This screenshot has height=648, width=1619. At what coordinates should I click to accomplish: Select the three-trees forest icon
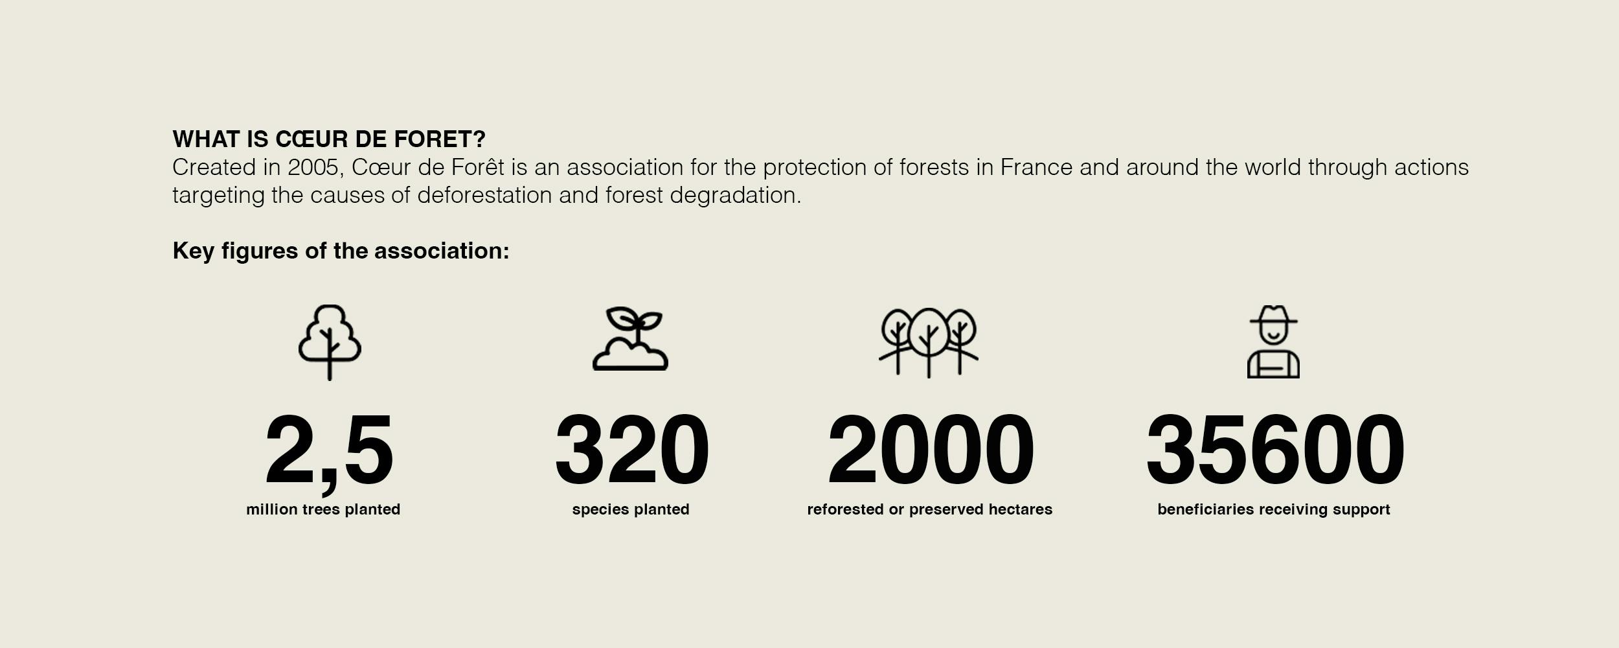tap(929, 343)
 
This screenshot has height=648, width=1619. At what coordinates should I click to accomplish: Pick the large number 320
tap(632, 450)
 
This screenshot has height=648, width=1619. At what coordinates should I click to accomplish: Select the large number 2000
tap(931, 450)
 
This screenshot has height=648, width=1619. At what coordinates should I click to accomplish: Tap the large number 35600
tap(1275, 450)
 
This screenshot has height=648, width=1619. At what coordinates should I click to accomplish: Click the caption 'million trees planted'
tap(323, 509)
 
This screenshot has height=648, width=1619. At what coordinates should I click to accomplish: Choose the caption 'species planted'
tap(631, 509)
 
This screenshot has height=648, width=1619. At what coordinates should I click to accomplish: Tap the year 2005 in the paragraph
tap(313, 168)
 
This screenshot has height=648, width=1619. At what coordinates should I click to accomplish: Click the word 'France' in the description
tap(1036, 167)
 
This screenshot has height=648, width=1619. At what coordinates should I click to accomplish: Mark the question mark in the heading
tap(479, 139)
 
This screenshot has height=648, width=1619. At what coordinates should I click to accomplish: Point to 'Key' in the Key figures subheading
tap(193, 251)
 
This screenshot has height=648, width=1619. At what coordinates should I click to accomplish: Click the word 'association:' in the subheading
tap(442, 251)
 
